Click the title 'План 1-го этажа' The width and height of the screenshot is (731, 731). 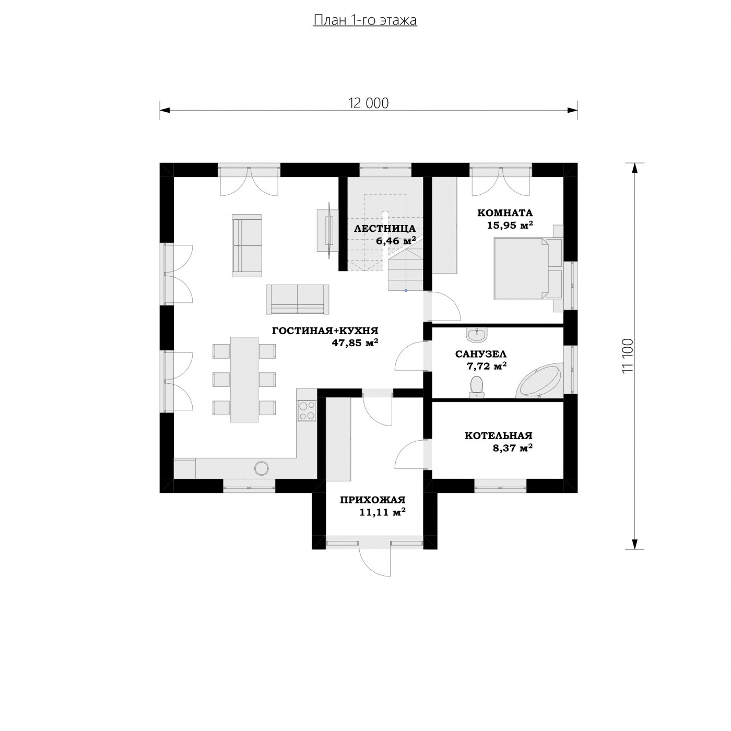(365, 20)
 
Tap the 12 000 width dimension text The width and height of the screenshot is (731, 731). (368, 103)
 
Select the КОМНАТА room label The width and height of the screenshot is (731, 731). (504, 213)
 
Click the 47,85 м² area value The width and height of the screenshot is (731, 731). (355, 343)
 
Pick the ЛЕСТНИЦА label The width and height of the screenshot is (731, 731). (385, 229)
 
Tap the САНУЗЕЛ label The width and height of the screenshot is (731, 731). (480, 354)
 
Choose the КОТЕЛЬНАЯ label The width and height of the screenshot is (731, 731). (499, 435)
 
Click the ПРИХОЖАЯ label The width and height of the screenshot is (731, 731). (372, 500)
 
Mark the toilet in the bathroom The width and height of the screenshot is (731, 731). (476, 387)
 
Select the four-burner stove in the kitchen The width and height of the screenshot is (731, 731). (307, 410)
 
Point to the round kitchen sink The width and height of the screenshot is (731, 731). (262, 468)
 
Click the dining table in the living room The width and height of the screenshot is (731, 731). (244, 379)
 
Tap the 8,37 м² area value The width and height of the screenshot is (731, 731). (512, 448)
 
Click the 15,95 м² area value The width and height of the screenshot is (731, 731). (510, 225)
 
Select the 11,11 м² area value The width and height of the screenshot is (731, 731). (382, 513)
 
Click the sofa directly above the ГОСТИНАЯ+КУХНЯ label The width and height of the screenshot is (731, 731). (298, 299)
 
